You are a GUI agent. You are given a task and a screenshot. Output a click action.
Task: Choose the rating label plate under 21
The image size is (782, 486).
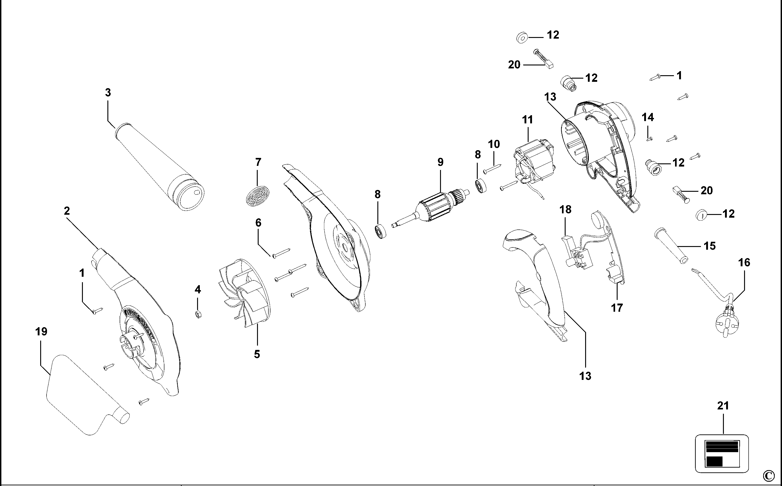(722, 454)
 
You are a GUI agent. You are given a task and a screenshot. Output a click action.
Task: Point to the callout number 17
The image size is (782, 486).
(617, 308)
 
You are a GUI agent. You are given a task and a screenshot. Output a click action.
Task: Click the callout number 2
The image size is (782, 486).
(67, 211)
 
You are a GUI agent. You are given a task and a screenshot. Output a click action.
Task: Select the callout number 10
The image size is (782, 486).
(494, 144)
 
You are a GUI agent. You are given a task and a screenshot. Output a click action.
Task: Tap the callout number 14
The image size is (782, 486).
(648, 117)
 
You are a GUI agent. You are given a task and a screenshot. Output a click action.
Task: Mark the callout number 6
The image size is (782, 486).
(258, 222)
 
